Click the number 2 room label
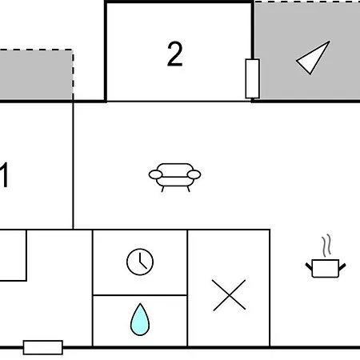point(175,54)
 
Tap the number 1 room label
point(4,175)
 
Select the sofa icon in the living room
point(174,178)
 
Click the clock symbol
point(140,262)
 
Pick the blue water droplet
point(140,319)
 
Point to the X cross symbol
point(229,295)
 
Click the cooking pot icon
point(326,268)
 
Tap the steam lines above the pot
point(327,246)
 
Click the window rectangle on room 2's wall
point(252,78)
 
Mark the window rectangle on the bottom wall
point(43,347)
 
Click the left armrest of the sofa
point(155,174)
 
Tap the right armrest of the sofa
point(194,174)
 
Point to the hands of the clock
point(142,262)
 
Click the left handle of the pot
point(309,266)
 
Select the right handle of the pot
point(342,266)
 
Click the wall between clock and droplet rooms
point(140,295)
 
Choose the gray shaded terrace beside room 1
point(36,74)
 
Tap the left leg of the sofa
point(163,189)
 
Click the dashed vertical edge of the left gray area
point(73,74)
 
